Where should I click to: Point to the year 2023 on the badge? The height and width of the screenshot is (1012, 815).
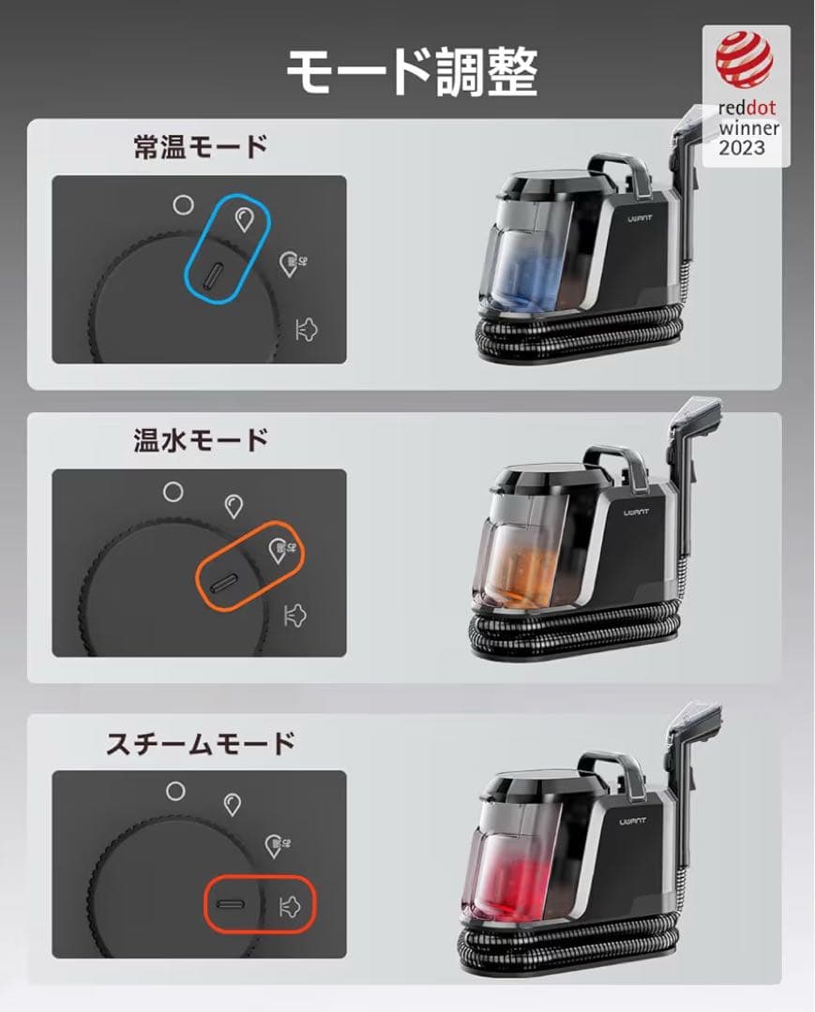point(742,148)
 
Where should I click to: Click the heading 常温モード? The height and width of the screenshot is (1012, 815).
point(201,147)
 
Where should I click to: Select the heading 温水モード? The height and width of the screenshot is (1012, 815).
point(201,439)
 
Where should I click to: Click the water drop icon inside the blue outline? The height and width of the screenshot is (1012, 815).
point(244,219)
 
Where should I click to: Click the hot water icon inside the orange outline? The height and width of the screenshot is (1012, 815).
point(279,550)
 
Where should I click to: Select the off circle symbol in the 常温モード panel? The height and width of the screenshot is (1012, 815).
point(184,203)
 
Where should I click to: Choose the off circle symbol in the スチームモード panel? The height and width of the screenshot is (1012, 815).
point(175,790)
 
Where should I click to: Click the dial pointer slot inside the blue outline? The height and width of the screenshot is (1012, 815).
point(215,275)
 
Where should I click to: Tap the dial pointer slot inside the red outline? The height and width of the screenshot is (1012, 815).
point(230,905)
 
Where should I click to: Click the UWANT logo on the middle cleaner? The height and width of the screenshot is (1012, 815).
point(641,513)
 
